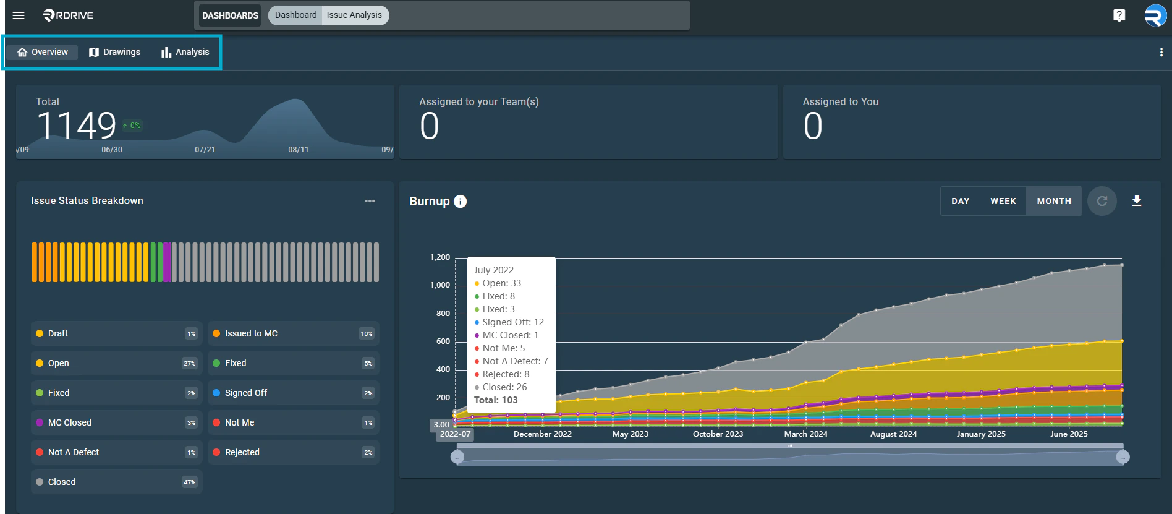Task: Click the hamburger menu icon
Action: click(19, 15)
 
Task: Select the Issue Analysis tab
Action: click(354, 15)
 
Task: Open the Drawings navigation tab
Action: click(115, 53)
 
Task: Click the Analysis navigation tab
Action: click(185, 53)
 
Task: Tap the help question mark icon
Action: click(1119, 15)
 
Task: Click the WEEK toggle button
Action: click(1003, 202)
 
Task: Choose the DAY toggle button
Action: click(960, 202)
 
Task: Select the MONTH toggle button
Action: click(1054, 202)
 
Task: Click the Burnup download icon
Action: click(1136, 201)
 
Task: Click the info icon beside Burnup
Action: click(460, 202)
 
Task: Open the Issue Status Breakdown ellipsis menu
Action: click(370, 201)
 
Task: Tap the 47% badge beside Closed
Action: click(189, 482)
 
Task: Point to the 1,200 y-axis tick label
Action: click(440, 257)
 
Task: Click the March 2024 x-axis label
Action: click(805, 434)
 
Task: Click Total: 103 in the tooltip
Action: click(496, 400)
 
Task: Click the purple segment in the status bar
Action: click(167, 262)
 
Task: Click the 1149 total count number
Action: click(77, 126)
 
